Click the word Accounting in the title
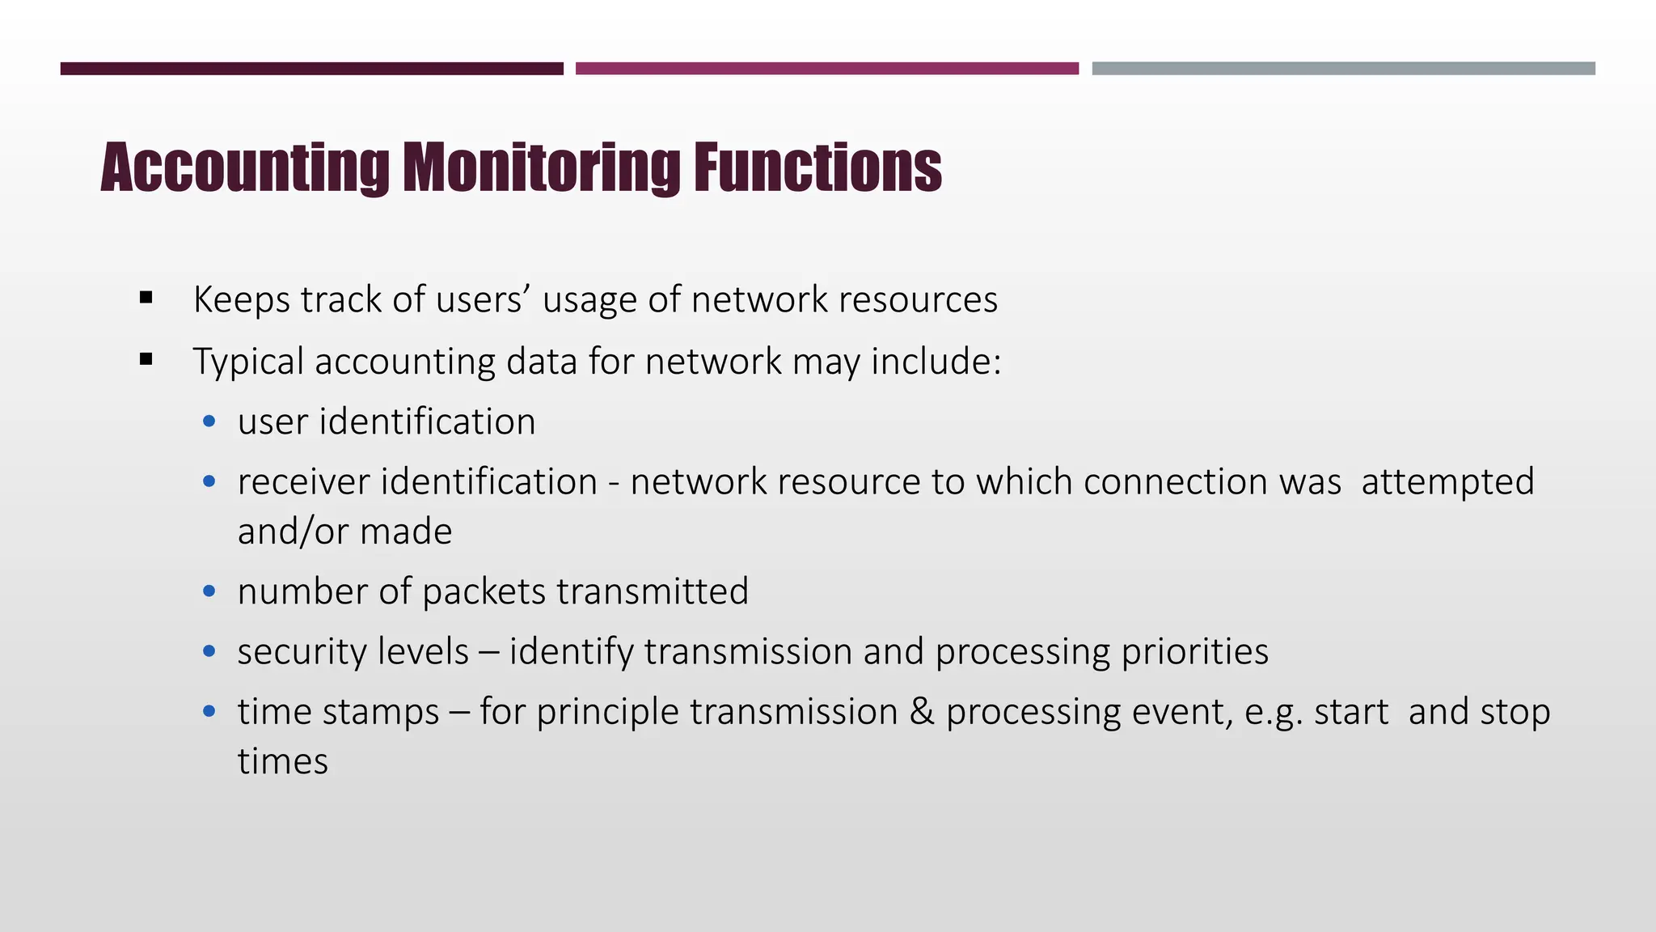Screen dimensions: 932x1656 245,168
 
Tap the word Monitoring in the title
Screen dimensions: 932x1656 541,168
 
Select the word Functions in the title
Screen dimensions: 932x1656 817,168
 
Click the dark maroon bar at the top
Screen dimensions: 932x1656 311,69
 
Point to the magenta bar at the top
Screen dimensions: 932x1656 826,69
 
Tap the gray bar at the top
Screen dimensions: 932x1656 1343,69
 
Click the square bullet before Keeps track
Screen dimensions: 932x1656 146,299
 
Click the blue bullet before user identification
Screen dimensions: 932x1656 209,422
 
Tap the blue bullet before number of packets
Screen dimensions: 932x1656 209,591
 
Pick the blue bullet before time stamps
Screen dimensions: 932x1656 209,712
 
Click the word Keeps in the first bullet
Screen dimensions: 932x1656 242,299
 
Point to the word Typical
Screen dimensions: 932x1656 248,362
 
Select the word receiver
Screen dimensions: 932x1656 303,482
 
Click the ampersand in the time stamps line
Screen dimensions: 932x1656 921,712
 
